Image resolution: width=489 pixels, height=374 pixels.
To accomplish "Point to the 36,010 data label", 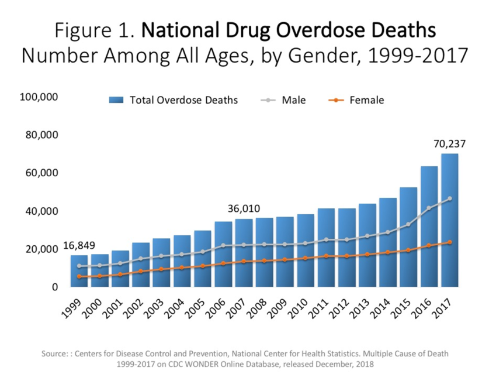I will (243, 209).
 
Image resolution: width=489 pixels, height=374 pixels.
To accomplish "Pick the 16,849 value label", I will (80, 245).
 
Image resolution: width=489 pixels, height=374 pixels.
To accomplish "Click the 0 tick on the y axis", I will (54, 287).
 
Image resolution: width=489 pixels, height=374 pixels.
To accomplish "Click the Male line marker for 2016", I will (429, 208).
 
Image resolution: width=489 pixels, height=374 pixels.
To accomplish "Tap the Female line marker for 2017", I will (449, 242).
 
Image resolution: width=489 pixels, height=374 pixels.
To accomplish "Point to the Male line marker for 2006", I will (223, 245).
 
